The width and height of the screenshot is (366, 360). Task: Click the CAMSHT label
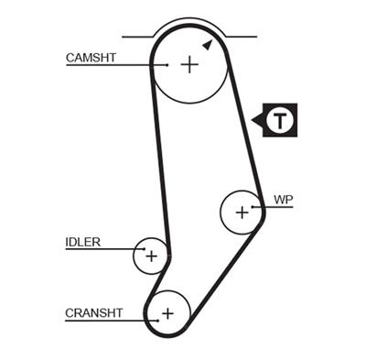pos(91,57)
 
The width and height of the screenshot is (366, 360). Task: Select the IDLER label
pos(82,243)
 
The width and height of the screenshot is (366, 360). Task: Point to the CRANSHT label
pos(93,312)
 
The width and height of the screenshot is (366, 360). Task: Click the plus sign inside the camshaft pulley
pos(188,64)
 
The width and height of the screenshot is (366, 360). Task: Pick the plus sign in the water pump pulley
pos(242,213)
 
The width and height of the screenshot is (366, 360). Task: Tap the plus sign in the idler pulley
pos(152,256)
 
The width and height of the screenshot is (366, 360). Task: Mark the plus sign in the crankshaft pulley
pos(167,313)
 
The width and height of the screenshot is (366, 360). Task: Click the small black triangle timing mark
pos(208,43)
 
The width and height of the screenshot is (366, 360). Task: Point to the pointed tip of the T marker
pos(253,118)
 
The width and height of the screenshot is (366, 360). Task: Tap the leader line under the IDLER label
pos(101,250)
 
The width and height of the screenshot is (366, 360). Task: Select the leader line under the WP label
pos(279,207)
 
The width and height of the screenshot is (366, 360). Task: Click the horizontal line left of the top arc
pos(136,37)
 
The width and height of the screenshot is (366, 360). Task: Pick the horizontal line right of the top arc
pos(239,37)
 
